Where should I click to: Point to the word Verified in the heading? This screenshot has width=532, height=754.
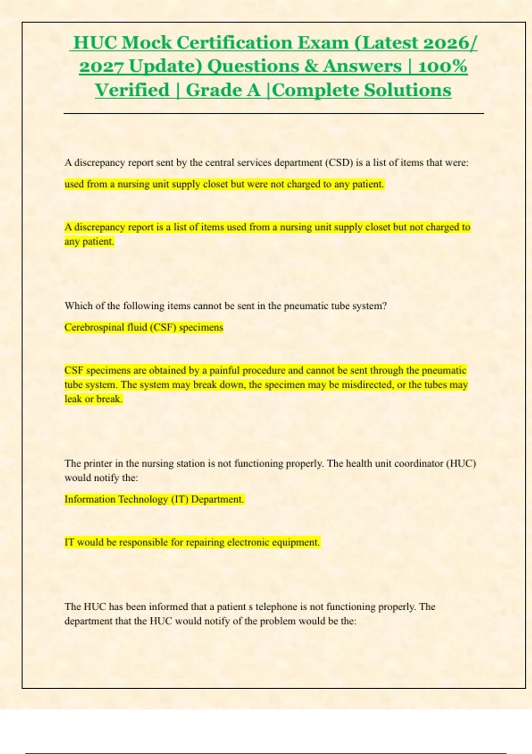coord(132,90)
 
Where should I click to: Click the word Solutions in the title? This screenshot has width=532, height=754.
coord(408,90)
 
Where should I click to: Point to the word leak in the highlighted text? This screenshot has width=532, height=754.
coord(73,399)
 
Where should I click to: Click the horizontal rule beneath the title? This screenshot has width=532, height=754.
coord(274,114)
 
